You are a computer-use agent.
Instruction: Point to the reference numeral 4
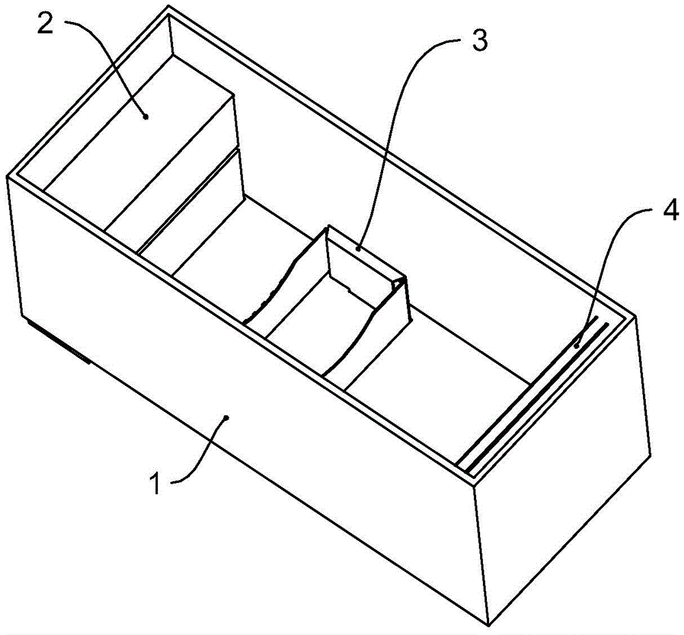click(x=670, y=211)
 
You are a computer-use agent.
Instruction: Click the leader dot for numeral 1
click(x=226, y=417)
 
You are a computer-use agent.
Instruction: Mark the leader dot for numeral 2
click(x=146, y=116)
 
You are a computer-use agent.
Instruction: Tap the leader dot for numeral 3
click(x=358, y=249)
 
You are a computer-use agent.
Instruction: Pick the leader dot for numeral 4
click(x=577, y=346)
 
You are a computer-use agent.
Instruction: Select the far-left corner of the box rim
click(x=7, y=176)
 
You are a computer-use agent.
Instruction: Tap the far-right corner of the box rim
click(x=637, y=315)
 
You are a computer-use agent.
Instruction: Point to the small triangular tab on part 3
click(x=400, y=283)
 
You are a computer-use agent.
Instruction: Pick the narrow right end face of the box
click(x=563, y=471)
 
